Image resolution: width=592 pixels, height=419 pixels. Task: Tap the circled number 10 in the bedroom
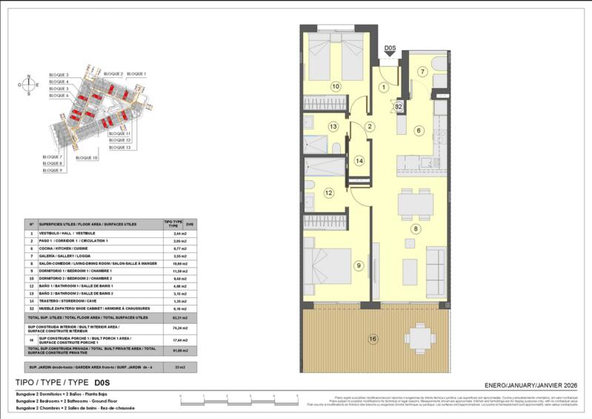[335, 86]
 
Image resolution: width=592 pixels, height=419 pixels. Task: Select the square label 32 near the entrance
[398, 107]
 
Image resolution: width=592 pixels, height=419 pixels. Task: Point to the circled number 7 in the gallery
[423, 72]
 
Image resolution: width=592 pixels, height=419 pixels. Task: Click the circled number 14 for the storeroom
[359, 160]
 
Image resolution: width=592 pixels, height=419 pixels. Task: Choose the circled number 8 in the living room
[416, 228]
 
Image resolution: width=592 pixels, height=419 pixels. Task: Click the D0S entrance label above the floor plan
[390, 50]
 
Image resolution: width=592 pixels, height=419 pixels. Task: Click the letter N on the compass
[29, 76]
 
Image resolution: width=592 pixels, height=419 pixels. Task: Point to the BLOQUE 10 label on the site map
[86, 158]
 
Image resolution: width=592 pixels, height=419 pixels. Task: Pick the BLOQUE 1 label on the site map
[137, 74]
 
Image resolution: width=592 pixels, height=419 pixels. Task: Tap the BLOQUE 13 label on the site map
[119, 148]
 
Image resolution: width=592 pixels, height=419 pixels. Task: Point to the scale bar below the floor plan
[236, 400]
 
